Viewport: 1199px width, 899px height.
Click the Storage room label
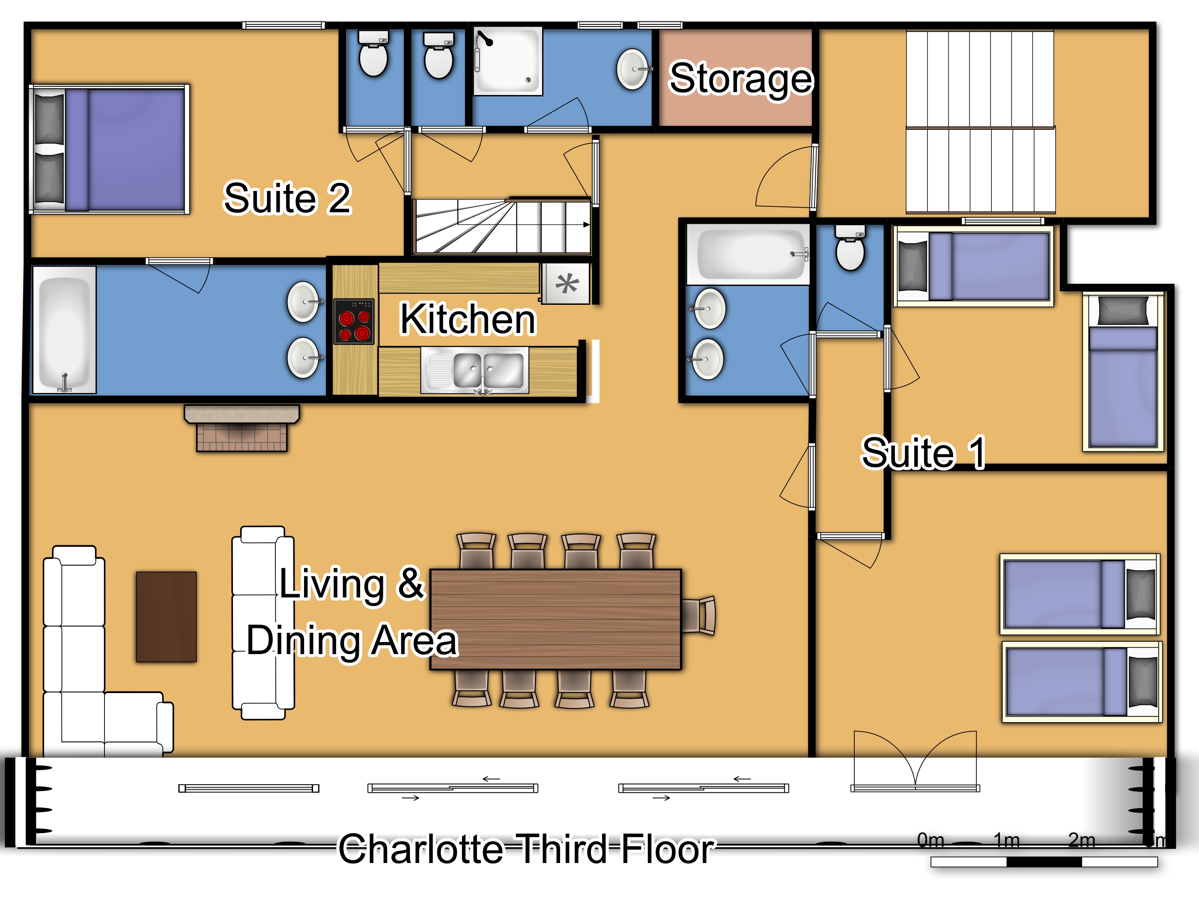click(741, 79)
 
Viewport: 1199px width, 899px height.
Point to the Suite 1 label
click(923, 452)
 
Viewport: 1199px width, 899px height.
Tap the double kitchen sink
click(475, 371)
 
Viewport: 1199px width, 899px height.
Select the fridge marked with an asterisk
click(566, 283)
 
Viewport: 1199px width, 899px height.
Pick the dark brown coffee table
click(167, 617)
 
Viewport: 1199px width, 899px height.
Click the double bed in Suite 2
click(110, 149)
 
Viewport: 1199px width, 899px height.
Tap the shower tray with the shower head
click(508, 61)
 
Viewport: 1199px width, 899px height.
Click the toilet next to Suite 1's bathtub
click(850, 247)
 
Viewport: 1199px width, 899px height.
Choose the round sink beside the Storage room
click(633, 69)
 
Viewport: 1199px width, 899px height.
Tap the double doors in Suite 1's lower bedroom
click(915, 761)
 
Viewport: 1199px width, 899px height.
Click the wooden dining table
click(555, 619)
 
